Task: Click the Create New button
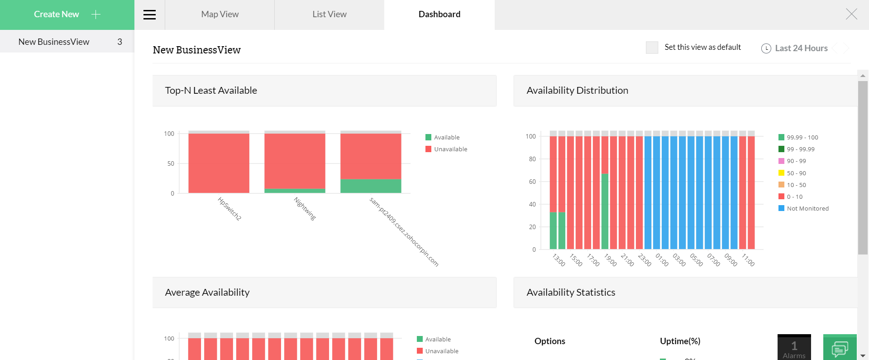coord(67,14)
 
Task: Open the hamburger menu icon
coord(149,15)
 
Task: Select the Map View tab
coord(220,14)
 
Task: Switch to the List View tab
coord(329,14)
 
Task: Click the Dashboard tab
coord(439,14)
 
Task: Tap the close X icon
coord(851,14)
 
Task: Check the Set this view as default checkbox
coord(652,48)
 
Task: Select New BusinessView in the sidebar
coord(54,42)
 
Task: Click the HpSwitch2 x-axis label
coord(229,209)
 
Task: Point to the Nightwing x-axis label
coord(305,209)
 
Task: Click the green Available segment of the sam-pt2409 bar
coord(371,186)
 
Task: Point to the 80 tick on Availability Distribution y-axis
coord(532,159)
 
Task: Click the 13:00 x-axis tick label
coord(559,260)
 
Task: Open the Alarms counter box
coord(794,348)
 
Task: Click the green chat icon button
coord(840,348)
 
